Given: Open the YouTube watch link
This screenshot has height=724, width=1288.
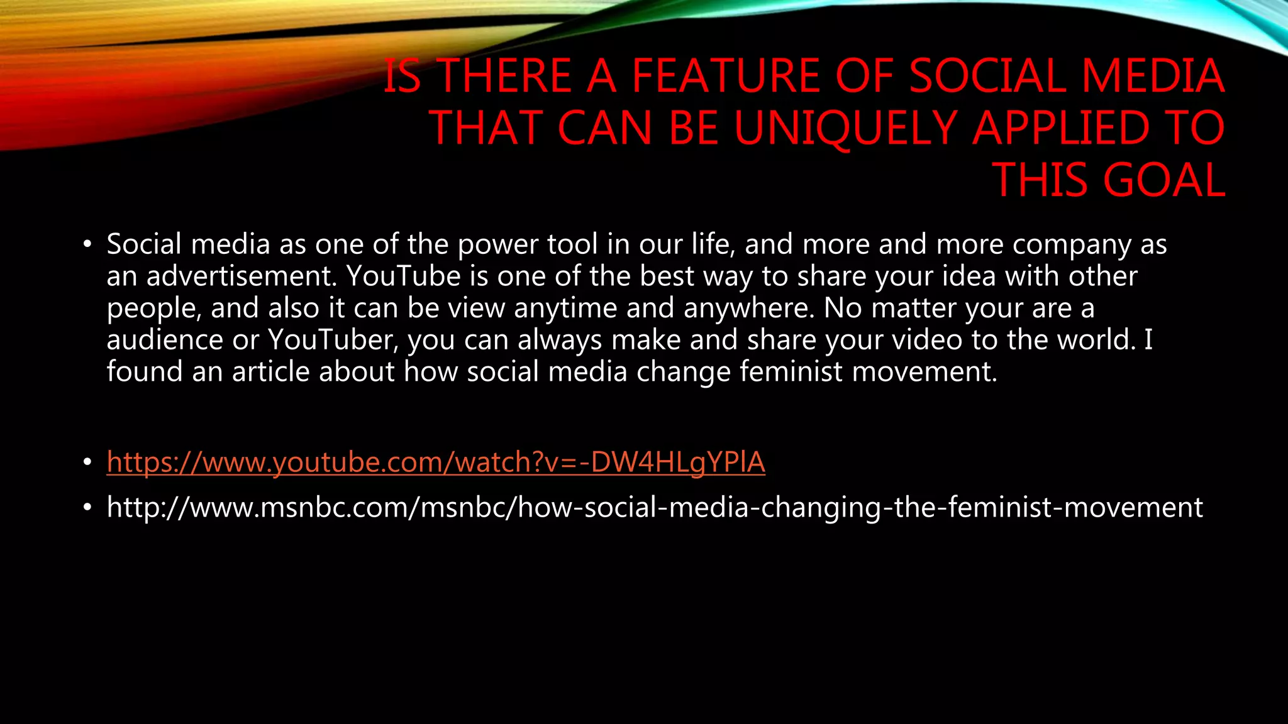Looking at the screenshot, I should (436, 463).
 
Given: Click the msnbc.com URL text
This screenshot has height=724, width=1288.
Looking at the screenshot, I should (655, 507).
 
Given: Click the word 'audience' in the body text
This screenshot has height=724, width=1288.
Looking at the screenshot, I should (165, 340).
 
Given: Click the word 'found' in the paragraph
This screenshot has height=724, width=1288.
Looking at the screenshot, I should (145, 372).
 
